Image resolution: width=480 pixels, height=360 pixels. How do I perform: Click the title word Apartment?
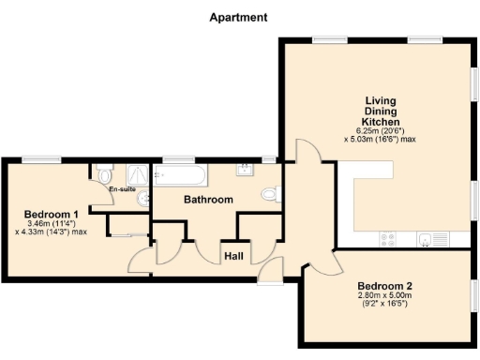238,17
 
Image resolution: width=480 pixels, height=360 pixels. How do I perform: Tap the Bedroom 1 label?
51,214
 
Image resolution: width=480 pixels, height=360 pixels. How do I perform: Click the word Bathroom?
207,200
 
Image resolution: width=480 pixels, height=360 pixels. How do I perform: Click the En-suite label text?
122,190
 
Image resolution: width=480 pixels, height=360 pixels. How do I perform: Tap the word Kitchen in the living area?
382,123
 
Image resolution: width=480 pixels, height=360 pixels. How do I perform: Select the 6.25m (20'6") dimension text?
382,131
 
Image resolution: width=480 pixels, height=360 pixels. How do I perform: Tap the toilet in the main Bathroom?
270,195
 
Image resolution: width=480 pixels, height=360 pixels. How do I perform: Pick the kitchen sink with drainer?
433,238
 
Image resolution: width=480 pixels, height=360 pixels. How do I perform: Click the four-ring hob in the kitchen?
389,239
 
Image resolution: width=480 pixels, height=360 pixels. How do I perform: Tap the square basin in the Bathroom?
246,169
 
